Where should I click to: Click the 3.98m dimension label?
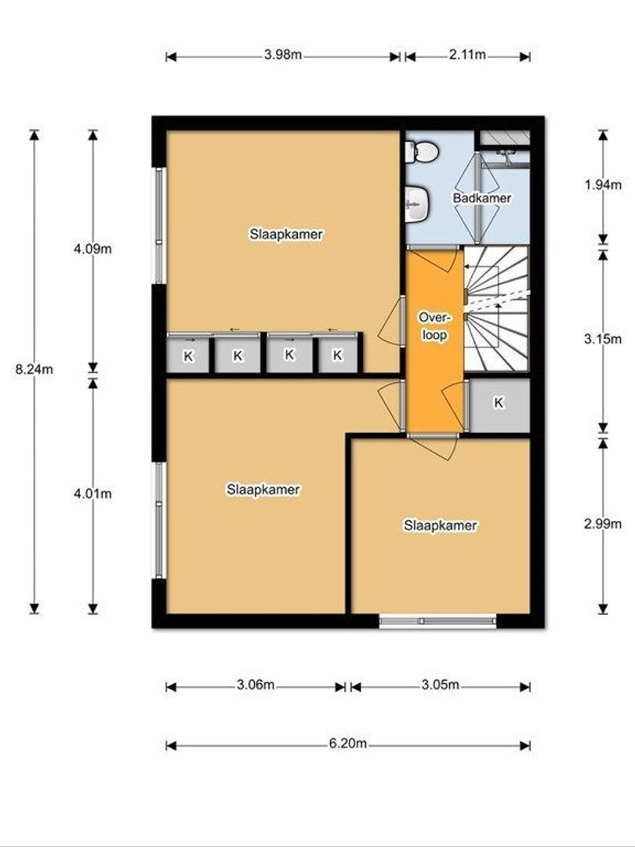coord(283,55)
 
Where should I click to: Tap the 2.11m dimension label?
coord(467,55)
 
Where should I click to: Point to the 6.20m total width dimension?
coord(348,744)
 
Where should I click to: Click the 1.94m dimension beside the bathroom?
coord(603,185)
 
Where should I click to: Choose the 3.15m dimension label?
coord(603,340)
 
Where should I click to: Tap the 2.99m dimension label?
coord(603,524)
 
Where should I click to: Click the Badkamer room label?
coord(481,198)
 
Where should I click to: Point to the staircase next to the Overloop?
coord(495,307)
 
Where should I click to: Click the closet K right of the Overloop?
coord(499,402)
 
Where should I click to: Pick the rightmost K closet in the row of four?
coord(337,355)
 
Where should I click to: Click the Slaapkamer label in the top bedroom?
coord(286,234)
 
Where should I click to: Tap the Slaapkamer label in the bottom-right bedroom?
coord(440,525)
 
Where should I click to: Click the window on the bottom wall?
coord(437,621)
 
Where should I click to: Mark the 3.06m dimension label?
coord(256,685)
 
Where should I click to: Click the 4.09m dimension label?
coord(93,249)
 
